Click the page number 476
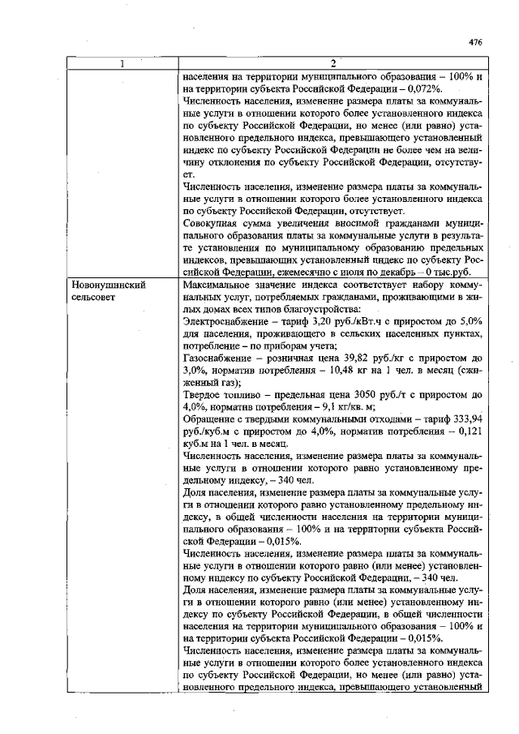[x=475, y=42]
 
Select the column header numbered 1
[x=122, y=65]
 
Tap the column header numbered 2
[x=333, y=65]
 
